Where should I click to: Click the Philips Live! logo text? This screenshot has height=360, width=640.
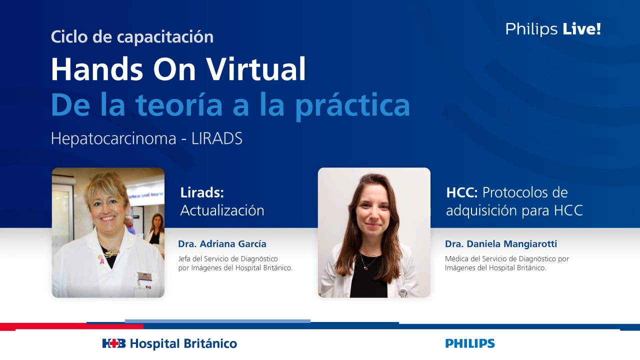coord(553,29)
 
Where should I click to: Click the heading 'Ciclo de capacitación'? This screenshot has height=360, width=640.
coord(132,36)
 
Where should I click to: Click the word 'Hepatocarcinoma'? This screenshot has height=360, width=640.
coord(113,139)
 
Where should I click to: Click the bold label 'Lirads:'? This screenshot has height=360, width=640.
coord(202,192)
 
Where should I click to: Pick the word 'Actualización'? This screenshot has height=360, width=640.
coord(222,210)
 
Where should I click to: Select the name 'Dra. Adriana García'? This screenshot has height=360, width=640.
coord(222,244)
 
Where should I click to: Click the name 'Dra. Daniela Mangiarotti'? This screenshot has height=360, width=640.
coord(500,244)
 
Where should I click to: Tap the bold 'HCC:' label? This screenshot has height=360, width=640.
coord(462,192)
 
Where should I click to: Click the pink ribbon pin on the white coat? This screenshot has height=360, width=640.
coord(101,259)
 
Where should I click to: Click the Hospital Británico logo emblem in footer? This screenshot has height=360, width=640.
coord(114,343)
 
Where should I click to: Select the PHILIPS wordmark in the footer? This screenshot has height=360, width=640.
coord(469,343)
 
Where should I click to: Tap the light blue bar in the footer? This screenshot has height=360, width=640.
coord(217,321)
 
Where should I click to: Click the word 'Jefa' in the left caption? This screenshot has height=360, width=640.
coord(185,259)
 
